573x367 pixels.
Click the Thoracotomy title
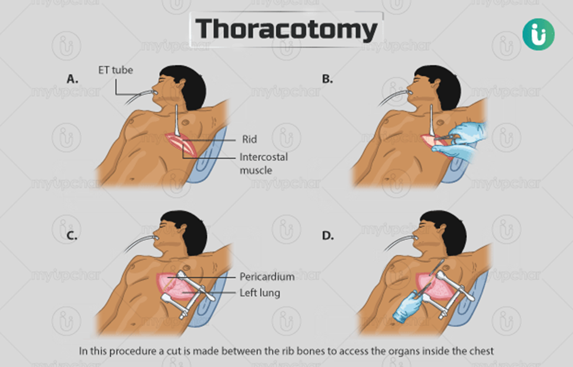286,29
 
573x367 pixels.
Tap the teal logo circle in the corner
538,34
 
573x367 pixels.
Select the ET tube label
115,70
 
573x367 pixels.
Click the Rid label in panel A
250,139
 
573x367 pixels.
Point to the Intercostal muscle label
263,164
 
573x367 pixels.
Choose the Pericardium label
267,276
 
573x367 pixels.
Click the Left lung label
260,293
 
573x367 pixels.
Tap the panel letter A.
72,79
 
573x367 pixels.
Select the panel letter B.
327,79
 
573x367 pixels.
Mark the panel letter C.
72,236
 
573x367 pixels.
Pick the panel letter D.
328,236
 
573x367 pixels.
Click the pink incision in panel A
182,145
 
